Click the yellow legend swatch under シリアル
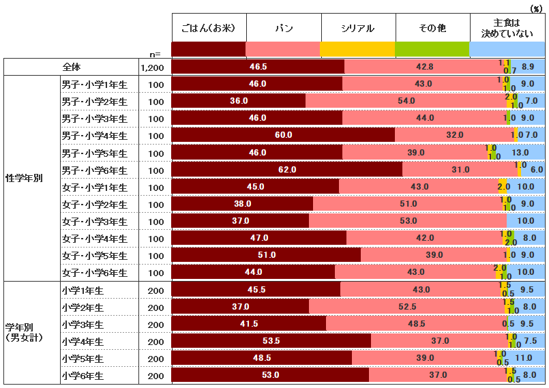click(357, 49)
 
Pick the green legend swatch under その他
click(432, 49)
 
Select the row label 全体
click(72, 67)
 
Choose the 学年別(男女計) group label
click(25, 333)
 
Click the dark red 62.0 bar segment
click(286, 169)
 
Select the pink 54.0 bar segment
click(406, 101)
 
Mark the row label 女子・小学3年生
click(94, 221)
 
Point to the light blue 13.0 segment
click(521, 152)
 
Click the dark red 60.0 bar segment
click(283, 135)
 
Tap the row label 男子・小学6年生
click(94, 169)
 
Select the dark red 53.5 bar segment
click(271, 341)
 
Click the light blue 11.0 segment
click(524, 358)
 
